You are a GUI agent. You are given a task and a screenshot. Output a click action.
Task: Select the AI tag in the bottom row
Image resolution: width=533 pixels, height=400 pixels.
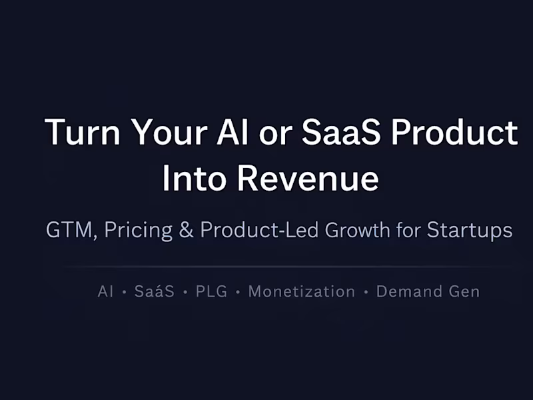(x=105, y=292)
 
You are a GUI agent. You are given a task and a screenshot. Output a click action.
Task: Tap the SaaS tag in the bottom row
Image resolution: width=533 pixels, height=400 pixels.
(x=155, y=292)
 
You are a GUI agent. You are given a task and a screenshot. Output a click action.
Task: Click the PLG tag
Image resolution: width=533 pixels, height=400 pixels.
(x=212, y=292)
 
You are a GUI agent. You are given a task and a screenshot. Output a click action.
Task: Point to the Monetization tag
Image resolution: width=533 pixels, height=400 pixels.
(x=301, y=292)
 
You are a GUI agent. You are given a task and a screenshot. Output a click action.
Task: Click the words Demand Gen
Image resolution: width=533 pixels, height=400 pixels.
(x=428, y=292)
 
